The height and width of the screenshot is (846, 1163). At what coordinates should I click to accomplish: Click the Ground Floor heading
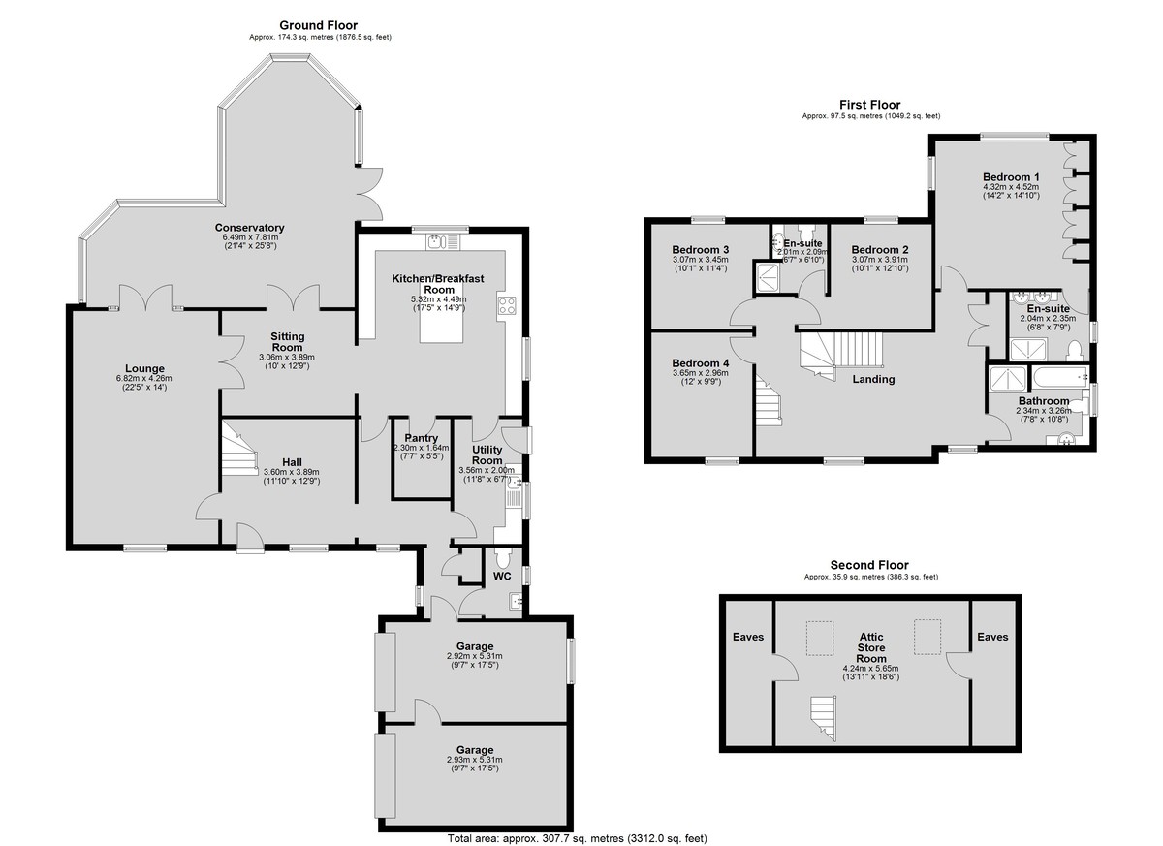tap(318, 25)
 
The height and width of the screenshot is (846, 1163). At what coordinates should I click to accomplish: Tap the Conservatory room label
tap(249, 228)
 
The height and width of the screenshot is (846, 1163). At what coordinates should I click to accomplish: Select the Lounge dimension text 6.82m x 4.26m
tap(143, 378)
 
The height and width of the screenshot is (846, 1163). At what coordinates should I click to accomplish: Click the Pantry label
tap(421, 438)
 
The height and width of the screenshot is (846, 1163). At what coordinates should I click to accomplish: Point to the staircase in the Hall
tap(240, 448)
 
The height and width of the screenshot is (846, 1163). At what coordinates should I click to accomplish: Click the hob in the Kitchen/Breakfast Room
tap(507, 304)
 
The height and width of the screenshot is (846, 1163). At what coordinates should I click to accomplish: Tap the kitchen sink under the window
tap(442, 242)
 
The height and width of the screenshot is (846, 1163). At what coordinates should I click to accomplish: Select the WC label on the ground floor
tap(502, 576)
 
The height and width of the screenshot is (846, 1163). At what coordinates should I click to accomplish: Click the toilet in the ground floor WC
tap(502, 558)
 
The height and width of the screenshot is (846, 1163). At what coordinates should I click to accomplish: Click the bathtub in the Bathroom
tap(1060, 377)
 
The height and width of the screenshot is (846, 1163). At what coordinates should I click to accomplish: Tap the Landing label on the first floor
tap(873, 379)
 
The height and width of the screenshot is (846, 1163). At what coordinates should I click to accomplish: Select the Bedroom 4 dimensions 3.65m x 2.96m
tap(700, 373)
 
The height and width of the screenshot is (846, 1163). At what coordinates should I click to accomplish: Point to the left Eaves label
tap(748, 637)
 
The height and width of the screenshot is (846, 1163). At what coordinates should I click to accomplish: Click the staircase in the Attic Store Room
tap(823, 718)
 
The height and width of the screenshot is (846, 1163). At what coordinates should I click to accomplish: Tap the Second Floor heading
tap(869, 565)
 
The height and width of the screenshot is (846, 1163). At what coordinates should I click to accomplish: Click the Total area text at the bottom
tap(578, 838)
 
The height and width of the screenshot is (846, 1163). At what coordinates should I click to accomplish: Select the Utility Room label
tap(487, 454)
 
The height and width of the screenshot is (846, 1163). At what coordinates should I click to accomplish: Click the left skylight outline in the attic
tap(820, 639)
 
